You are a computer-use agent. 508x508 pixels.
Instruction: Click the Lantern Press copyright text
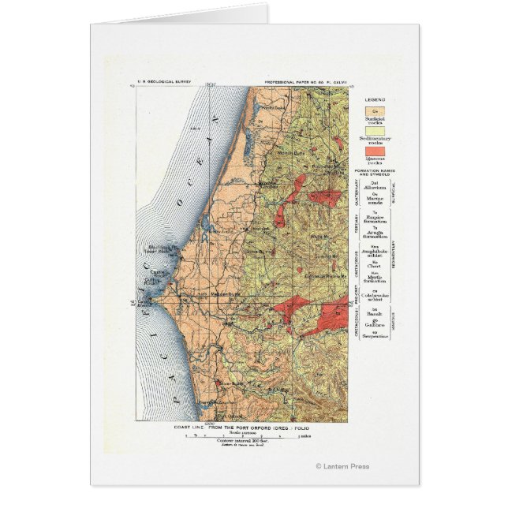click(341, 465)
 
